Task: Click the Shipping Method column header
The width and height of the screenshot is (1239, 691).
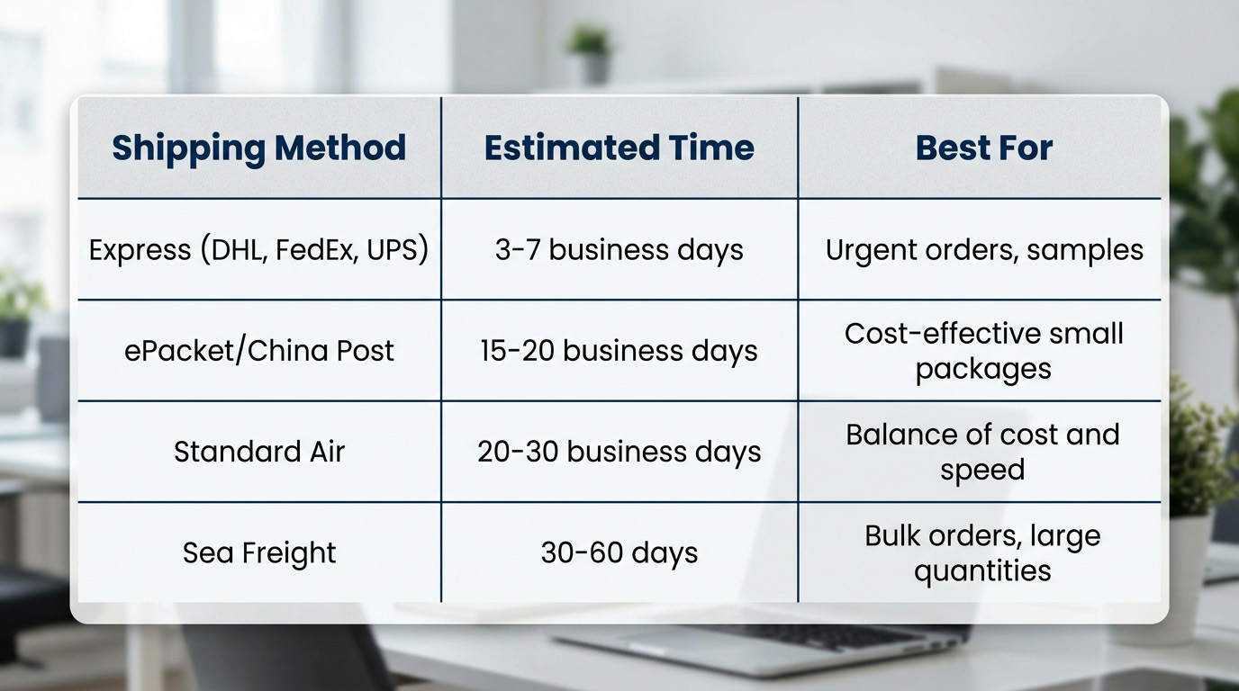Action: point(258,148)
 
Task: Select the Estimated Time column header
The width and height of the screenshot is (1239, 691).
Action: point(619,148)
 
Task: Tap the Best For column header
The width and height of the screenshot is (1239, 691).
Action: point(983,148)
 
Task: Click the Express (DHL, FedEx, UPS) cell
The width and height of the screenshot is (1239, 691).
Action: point(258,250)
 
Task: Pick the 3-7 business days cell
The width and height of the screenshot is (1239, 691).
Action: point(619,250)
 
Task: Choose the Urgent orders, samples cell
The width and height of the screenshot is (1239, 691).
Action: point(984,250)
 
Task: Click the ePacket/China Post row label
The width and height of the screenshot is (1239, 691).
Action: point(258,351)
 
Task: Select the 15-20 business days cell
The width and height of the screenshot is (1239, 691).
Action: point(619,351)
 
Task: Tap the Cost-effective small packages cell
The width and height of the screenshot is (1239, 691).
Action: point(983,351)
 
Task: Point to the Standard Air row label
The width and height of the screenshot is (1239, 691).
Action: point(258,452)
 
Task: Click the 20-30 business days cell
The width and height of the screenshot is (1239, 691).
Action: point(619,453)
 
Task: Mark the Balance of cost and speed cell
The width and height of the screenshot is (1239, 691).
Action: point(983,453)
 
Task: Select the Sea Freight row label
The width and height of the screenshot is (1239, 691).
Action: point(258,552)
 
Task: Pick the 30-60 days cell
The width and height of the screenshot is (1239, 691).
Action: point(619,552)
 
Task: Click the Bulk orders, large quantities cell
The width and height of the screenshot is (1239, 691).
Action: point(983,552)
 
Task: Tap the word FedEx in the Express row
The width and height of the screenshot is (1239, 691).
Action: point(312,250)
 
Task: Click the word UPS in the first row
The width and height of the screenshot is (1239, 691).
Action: point(393,250)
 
